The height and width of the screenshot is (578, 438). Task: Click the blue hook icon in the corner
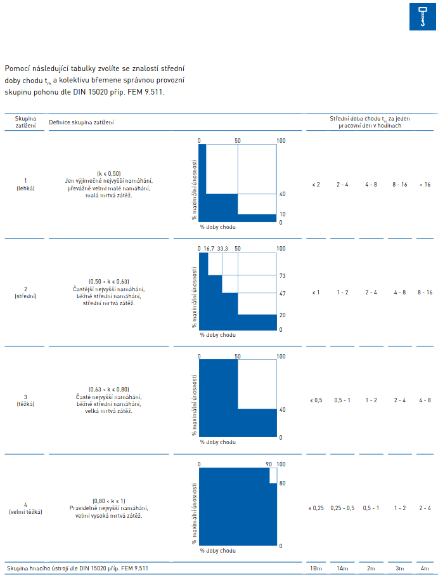click(x=423, y=17)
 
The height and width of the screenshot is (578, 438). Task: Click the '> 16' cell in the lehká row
click(x=425, y=184)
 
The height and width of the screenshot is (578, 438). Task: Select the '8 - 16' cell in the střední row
click(x=425, y=292)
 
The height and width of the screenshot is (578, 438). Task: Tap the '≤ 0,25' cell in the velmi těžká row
click(x=316, y=508)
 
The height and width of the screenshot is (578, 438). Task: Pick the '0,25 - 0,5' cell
click(x=342, y=508)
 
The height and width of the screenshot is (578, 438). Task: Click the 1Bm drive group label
click(x=316, y=568)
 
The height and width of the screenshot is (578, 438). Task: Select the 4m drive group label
click(x=425, y=568)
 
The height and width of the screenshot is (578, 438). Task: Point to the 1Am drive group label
click(x=342, y=568)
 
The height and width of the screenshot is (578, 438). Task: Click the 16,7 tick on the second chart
click(x=209, y=249)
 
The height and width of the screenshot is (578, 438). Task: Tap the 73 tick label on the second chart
click(x=282, y=276)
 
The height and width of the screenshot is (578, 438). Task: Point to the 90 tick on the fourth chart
click(x=269, y=464)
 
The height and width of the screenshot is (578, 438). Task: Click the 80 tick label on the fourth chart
click(x=282, y=483)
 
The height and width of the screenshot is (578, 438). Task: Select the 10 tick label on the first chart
click(x=282, y=214)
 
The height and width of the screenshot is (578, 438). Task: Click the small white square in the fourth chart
click(x=273, y=475)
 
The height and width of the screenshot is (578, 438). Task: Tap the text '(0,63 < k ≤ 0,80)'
click(x=108, y=390)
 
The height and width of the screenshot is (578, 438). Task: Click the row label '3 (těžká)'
click(x=25, y=400)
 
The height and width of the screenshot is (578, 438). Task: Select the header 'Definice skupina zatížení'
click(x=81, y=122)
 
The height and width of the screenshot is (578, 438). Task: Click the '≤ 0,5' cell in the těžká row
click(x=316, y=400)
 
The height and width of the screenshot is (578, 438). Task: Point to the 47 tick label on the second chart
click(x=282, y=294)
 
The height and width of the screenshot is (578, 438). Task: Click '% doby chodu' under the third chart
click(x=217, y=442)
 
